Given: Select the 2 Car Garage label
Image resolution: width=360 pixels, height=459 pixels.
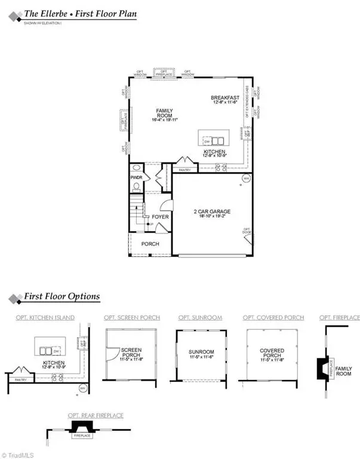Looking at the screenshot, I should (x=211, y=212).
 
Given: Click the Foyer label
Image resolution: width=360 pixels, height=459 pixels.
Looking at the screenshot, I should (x=160, y=216).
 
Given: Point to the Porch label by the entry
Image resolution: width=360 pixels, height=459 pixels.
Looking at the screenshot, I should (x=150, y=244).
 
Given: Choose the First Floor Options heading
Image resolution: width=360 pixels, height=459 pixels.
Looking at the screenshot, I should (x=61, y=296).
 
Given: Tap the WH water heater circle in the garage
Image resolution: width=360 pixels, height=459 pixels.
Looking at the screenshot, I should (x=245, y=179).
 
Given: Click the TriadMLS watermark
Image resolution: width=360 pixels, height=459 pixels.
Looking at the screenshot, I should (x=19, y=454).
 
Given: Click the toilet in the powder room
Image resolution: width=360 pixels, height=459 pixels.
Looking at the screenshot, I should (x=136, y=186).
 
